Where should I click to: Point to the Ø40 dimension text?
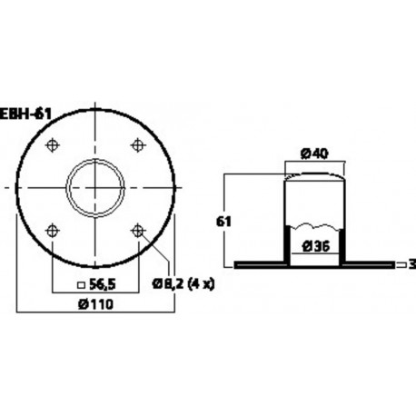tap(313, 154)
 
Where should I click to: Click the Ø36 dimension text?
tap(313, 245)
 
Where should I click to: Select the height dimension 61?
tap(208, 220)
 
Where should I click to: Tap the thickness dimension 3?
tap(411, 265)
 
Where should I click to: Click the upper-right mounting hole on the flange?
tap(138, 144)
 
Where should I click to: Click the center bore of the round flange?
tap(95, 186)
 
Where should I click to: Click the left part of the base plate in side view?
tap(258, 265)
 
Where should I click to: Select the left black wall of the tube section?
tap(287, 243)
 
